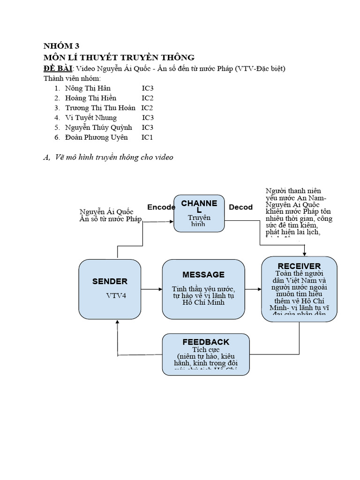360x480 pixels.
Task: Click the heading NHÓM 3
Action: (x=61, y=46)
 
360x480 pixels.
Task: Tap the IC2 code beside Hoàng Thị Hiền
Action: (x=148, y=98)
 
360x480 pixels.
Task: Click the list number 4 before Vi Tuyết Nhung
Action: (x=57, y=118)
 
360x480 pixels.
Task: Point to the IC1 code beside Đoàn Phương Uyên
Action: (x=147, y=137)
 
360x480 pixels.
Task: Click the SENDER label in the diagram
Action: (x=110, y=281)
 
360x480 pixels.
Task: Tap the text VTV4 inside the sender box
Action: (x=115, y=296)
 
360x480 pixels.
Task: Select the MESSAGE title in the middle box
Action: (x=203, y=275)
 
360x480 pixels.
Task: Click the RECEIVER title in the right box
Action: (x=299, y=266)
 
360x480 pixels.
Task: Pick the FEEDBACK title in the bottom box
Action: (x=206, y=342)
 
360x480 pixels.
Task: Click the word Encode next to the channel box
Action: (x=161, y=207)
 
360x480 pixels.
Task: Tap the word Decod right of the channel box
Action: (x=240, y=207)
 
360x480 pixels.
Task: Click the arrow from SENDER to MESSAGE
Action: (x=151, y=289)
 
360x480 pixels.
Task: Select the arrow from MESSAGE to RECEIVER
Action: (x=253, y=289)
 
